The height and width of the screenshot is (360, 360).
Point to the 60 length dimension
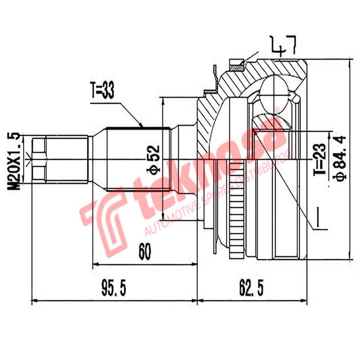(144, 252)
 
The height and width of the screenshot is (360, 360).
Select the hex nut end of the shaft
(39, 160)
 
